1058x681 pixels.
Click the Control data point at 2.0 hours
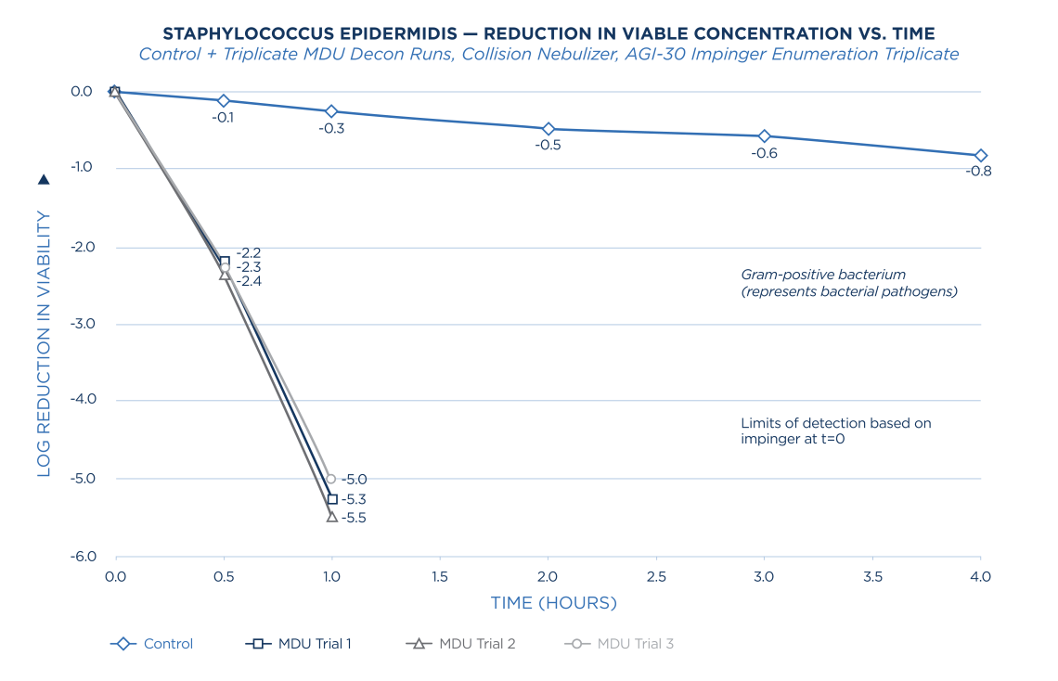[548, 129]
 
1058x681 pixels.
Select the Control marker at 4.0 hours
[981, 156]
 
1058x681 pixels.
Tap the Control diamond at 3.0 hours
[765, 135]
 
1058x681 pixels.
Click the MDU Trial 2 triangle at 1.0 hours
[331, 517]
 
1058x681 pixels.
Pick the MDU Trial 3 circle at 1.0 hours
[330, 479]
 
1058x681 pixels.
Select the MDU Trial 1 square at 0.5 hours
[224, 261]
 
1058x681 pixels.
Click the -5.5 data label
[354, 519]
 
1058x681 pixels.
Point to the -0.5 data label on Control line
[548, 145]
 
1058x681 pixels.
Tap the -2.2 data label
[249, 252]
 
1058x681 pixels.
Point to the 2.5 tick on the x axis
[656, 576]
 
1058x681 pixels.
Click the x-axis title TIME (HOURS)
[553, 603]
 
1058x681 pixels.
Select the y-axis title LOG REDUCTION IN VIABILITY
[44, 343]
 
